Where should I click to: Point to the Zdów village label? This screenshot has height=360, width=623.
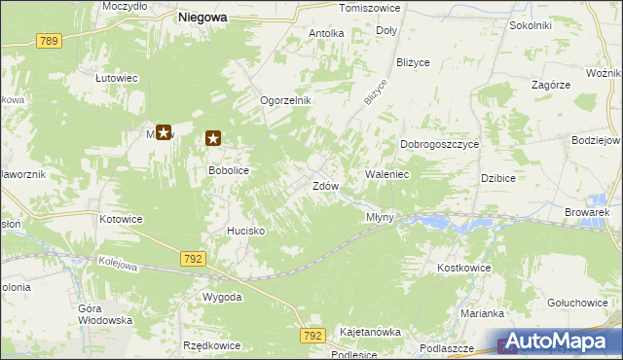(325, 186)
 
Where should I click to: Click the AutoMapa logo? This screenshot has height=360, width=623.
(559, 342)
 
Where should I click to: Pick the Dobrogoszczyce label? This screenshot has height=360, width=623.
(440, 144)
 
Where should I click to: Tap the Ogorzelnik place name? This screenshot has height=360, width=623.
(284, 100)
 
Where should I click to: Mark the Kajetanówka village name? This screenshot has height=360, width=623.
(370, 332)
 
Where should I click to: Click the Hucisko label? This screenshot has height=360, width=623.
(246, 231)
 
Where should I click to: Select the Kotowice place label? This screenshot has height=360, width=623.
(121, 219)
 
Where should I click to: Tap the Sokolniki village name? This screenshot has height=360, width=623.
(531, 25)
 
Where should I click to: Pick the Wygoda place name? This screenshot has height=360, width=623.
(222, 297)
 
